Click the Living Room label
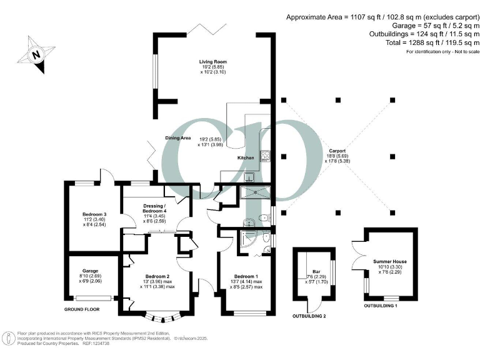point(212,62)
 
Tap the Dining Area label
point(178,137)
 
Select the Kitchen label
point(246,158)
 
